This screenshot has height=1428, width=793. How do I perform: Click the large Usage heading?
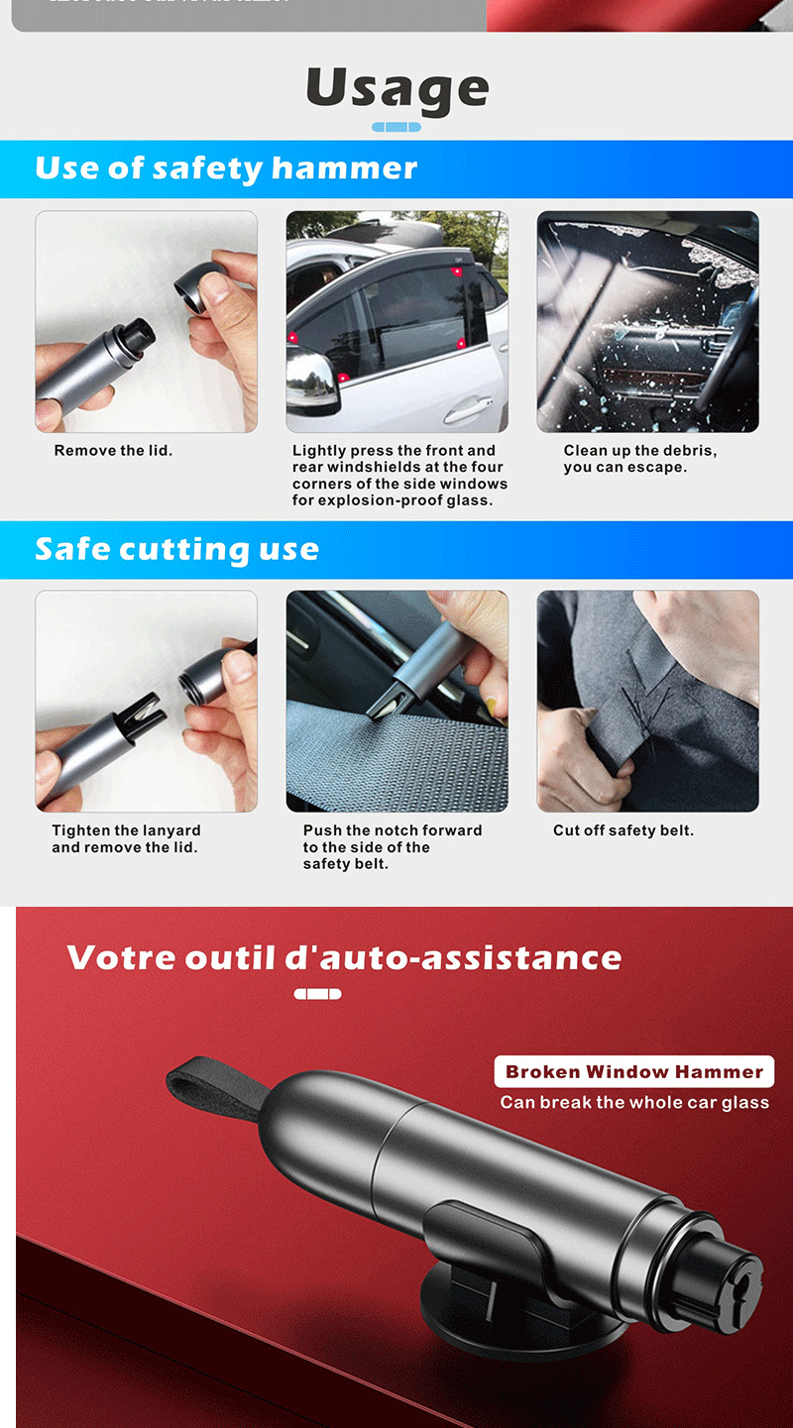tap(397, 90)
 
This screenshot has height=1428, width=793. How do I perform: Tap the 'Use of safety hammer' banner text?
tap(226, 168)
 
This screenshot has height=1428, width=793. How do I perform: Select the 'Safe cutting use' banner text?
tap(177, 549)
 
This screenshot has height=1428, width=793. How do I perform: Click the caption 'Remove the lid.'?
tap(113, 451)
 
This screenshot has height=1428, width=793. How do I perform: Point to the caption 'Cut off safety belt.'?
tap(623, 830)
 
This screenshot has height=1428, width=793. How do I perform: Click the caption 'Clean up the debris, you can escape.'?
tap(640, 458)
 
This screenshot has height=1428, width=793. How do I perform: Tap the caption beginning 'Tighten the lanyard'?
tap(126, 838)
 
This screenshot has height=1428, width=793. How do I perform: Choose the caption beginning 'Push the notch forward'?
tap(393, 847)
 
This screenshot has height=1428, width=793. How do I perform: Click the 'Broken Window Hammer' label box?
tap(634, 1071)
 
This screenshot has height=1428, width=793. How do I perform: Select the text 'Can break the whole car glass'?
tap(634, 1102)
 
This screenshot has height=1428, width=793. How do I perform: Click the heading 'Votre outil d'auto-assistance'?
tap(344, 957)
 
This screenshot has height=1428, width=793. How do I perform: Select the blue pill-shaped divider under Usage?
tap(396, 127)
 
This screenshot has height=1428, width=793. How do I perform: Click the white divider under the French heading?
tap(318, 993)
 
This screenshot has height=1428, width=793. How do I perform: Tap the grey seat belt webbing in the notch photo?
tap(396, 763)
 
